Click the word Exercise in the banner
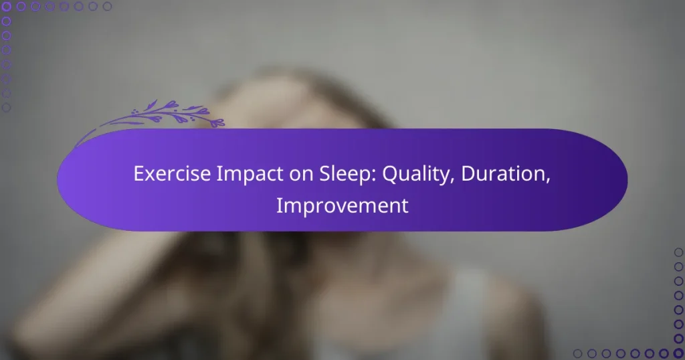[164, 174]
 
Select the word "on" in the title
[280, 174]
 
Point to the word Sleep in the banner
[321, 174]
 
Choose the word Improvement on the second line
[342, 205]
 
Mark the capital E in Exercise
[138, 174]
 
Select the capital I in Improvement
[279, 205]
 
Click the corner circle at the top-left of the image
[7, 7]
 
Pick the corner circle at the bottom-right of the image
[678, 353]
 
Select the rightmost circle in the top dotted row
[107, 7]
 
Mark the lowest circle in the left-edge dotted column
[7, 107]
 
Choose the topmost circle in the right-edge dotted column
[678, 252]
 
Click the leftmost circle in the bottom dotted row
[577, 353]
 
